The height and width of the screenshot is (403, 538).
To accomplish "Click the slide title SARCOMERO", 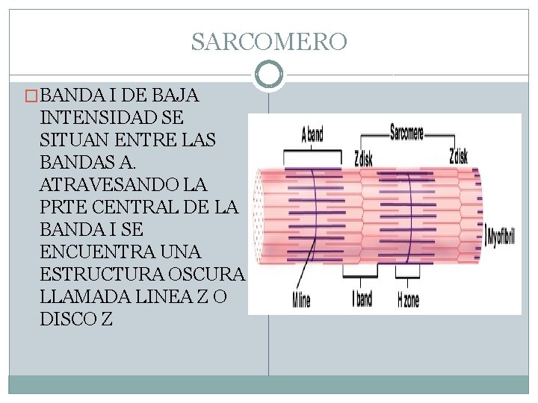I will click(x=269, y=42).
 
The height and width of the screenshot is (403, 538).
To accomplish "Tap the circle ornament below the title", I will click(x=269, y=75).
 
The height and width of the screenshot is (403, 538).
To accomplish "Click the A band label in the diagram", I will click(x=312, y=135).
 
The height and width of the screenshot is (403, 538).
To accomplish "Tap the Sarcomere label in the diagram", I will click(x=406, y=134).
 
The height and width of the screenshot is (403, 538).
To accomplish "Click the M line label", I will click(x=300, y=300).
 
